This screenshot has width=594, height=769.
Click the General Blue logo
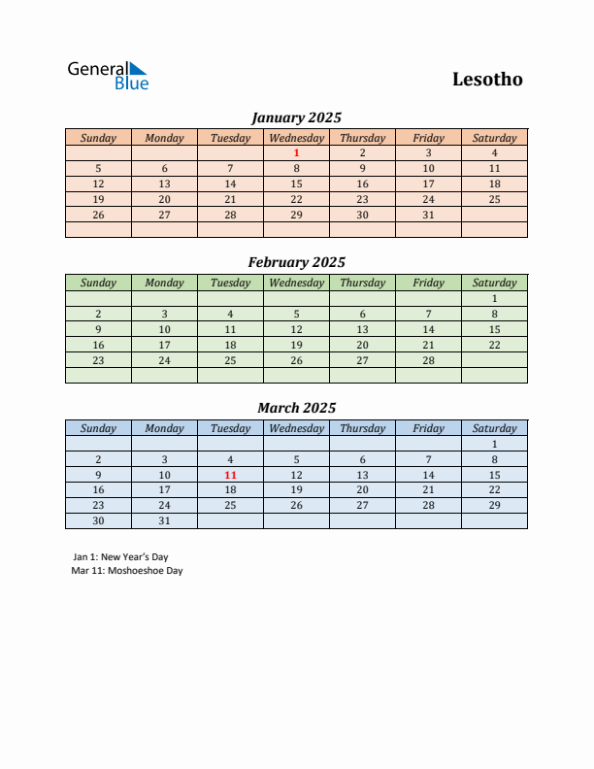(107, 76)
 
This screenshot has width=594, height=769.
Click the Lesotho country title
(487, 80)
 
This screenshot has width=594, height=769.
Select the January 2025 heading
(296, 117)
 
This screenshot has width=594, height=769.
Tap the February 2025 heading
(296, 262)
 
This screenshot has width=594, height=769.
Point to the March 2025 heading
(296, 408)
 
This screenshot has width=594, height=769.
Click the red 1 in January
(296, 152)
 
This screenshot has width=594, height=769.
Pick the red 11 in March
(230, 475)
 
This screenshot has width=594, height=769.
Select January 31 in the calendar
(428, 215)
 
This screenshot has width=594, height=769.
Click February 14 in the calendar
(428, 329)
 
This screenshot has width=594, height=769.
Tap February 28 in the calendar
(428, 360)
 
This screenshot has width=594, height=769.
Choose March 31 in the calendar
(164, 520)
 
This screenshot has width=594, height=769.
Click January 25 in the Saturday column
(494, 199)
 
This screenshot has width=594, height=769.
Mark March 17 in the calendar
(164, 490)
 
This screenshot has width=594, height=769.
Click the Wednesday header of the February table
(296, 283)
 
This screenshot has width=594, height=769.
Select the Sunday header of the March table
(98, 428)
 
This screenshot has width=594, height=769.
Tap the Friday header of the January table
(428, 138)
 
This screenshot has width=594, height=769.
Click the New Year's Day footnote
(120, 557)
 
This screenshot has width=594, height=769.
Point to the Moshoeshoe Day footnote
(127, 571)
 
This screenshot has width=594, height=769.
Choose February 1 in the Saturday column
(494, 298)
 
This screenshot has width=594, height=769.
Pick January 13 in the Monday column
(164, 184)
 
